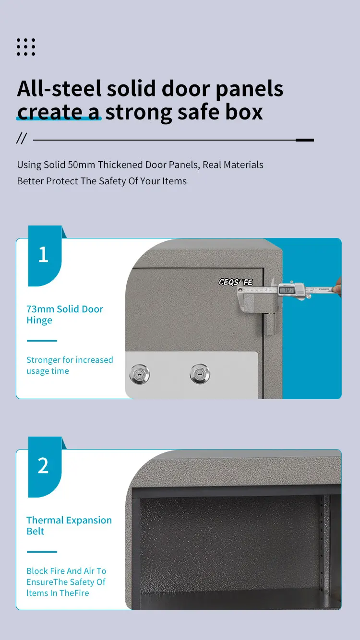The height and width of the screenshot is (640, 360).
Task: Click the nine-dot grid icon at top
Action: [x=26, y=47]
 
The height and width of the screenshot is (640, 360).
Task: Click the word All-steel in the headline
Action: [x=59, y=89]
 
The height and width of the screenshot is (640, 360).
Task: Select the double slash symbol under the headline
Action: [x=21, y=139]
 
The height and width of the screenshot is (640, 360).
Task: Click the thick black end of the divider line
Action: [x=304, y=140]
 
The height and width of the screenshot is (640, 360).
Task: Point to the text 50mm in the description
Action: [x=81, y=165]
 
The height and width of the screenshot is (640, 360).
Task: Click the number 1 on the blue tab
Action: [x=43, y=255]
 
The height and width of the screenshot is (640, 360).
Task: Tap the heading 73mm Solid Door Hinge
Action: [x=64, y=315]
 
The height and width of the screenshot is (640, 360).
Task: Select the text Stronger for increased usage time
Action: [x=69, y=365]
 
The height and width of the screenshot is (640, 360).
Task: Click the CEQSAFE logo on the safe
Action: [x=235, y=282]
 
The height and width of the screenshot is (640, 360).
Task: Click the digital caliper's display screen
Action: [x=287, y=289]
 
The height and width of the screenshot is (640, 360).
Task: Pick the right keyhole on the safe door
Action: [x=200, y=373]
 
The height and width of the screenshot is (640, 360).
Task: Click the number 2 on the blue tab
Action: [x=43, y=465]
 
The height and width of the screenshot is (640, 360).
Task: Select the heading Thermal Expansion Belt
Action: [x=69, y=526]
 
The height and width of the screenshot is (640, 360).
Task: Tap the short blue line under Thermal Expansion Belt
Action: [x=42, y=552]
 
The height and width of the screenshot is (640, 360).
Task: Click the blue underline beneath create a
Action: [x=59, y=119]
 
